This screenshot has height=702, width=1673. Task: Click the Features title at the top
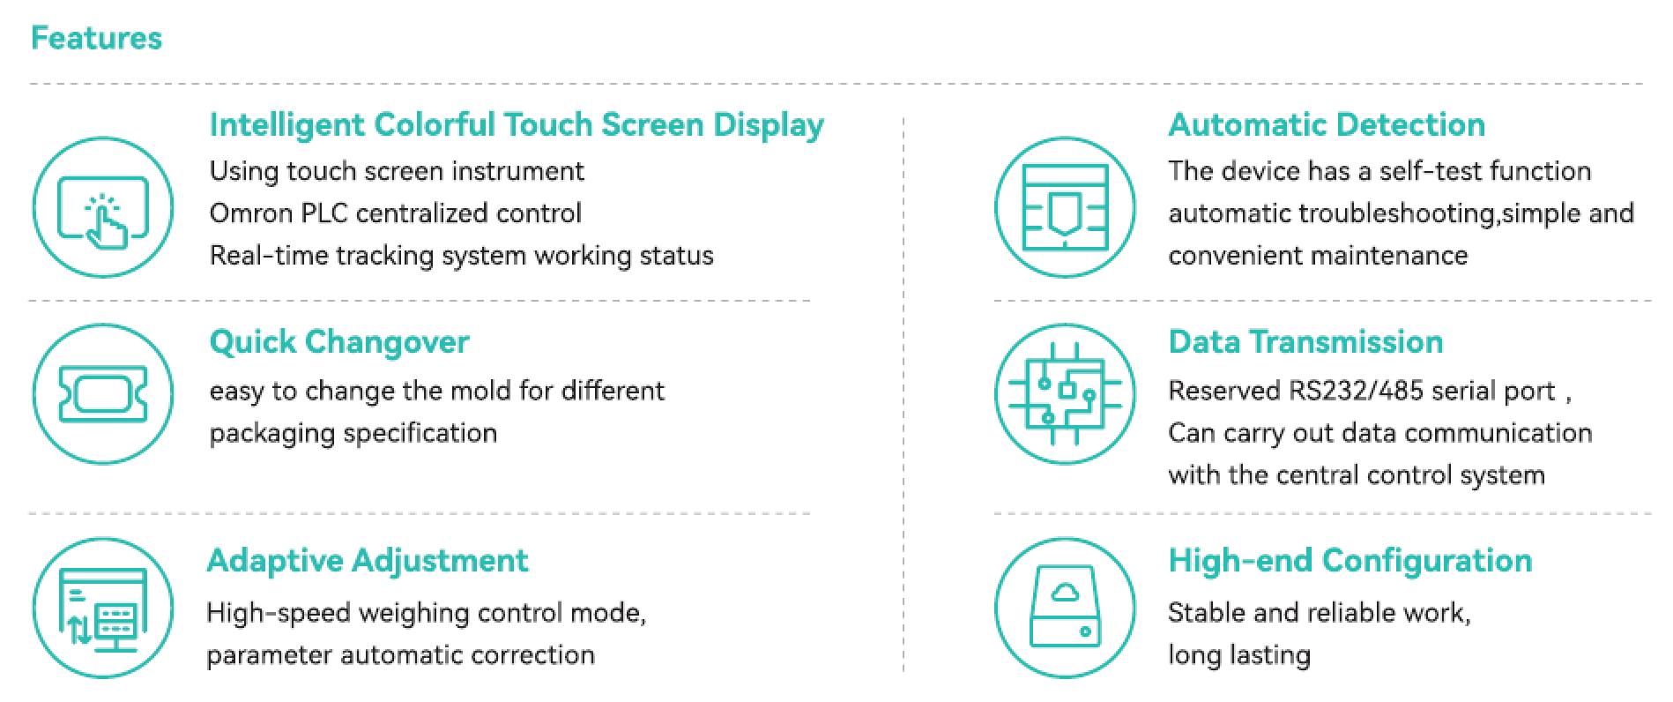pos(97,38)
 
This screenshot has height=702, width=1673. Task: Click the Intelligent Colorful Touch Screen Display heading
pos(517,125)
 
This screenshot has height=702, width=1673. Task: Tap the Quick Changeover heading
pos(339,342)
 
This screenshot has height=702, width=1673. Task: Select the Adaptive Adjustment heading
pos(368,561)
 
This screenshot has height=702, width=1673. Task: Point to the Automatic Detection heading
pos(1327,124)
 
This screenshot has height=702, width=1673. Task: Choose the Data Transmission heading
pos(1305,341)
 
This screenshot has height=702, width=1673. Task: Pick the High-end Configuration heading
pos(1350,561)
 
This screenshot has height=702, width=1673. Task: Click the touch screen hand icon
pos(103,208)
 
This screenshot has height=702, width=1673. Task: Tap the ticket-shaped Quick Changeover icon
pos(103,394)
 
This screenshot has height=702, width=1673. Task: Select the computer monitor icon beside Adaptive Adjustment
pos(103,609)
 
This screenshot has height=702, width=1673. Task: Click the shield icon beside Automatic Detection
pos(1065,208)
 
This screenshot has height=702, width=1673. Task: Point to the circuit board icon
pos(1065,394)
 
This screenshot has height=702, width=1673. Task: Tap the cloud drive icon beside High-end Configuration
pos(1065,609)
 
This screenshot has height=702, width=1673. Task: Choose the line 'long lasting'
pos(1239,655)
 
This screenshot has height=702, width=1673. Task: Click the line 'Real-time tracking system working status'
pos(461,256)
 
